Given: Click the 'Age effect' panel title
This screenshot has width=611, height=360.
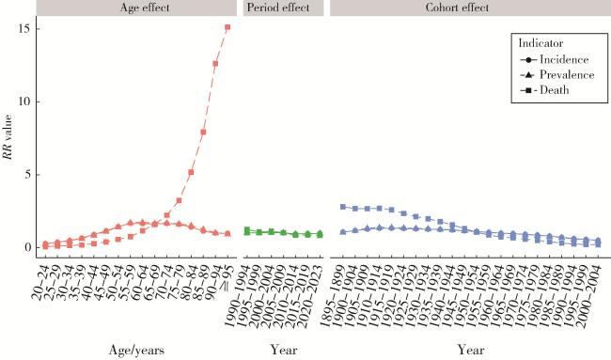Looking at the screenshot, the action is click(145, 8).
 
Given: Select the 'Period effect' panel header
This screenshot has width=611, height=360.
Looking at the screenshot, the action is click(278, 8).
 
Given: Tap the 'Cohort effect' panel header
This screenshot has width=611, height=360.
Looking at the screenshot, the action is click(457, 8).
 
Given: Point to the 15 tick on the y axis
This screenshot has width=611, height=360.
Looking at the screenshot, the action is click(25, 29).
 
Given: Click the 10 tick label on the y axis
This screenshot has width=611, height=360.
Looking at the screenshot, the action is click(25, 102).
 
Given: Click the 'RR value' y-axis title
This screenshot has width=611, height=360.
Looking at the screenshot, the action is click(8, 136).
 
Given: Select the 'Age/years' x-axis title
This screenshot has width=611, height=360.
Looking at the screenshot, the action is click(136, 350).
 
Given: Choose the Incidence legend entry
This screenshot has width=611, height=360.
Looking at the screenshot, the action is click(554, 59).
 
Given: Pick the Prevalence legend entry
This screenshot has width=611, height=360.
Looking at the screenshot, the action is click(557, 75).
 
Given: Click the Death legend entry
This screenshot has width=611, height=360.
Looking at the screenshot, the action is click(544, 90).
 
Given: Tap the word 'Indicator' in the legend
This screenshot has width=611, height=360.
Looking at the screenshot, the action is click(540, 43).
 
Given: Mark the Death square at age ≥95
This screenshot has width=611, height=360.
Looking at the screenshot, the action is click(227, 27).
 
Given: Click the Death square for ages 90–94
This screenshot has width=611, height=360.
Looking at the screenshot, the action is click(215, 64).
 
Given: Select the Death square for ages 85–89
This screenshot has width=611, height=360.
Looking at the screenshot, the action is click(203, 133).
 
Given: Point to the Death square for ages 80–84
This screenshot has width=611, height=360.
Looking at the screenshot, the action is click(191, 172).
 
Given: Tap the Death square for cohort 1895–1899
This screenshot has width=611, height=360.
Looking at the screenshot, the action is click(343, 207).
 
